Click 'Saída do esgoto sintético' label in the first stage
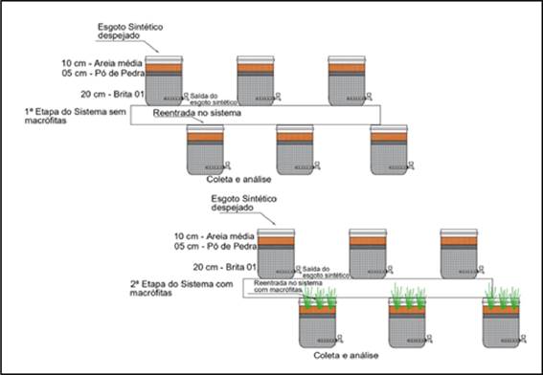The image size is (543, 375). point(210,99)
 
